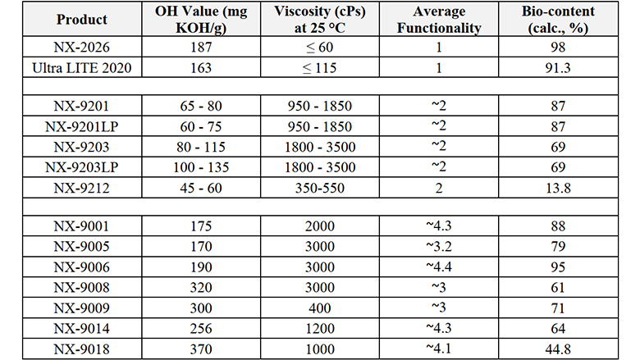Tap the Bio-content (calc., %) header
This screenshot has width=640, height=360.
pyautogui.click(x=560, y=20)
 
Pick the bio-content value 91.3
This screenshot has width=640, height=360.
pyautogui.click(x=560, y=67)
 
